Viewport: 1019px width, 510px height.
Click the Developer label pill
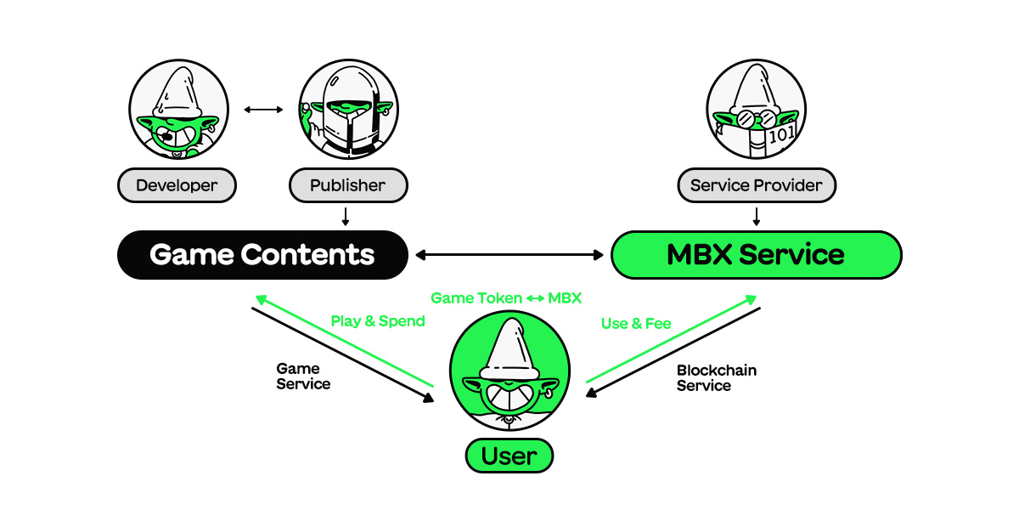(177, 184)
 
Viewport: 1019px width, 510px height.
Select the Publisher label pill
(348, 184)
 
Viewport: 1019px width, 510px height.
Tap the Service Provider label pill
(756, 184)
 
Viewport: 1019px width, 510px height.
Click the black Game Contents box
(262, 254)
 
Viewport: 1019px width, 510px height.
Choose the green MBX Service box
(756, 254)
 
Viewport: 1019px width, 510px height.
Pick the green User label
(509, 456)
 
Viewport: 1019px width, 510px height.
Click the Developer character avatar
(178, 110)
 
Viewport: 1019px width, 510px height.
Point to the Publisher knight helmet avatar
(348, 110)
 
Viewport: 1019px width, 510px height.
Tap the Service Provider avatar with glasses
(756, 110)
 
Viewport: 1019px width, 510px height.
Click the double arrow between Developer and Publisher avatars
(263, 110)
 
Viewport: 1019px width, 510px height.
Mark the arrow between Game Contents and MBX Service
(509, 254)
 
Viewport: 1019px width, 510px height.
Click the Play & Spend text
(378, 321)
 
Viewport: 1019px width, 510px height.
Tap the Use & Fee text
(636, 323)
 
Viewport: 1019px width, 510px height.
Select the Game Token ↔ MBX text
(506, 298)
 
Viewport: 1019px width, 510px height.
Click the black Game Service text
(302, 377)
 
